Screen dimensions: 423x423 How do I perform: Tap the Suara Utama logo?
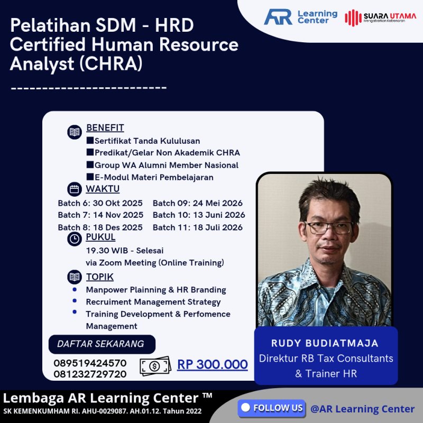pos(380,17)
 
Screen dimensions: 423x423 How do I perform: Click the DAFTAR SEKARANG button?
pos(100,344)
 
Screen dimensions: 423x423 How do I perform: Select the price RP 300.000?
pos(213,364)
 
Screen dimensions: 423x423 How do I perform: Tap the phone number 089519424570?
pos(90,363)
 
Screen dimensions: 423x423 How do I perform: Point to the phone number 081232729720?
pos(90,374)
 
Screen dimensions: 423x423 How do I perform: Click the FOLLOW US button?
pos(272,408)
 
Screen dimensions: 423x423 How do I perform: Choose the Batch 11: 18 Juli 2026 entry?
pos(198,228)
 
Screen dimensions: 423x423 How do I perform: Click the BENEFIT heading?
pos(105,128)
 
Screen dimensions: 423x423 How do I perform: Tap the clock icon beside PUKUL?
pos(75,238)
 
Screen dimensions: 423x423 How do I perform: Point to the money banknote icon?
pos(155,365)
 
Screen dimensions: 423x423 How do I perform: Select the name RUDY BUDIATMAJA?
pos(326,344)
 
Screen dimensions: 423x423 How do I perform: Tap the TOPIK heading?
pos(100,277)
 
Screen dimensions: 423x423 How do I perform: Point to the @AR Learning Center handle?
pos(363,409)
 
